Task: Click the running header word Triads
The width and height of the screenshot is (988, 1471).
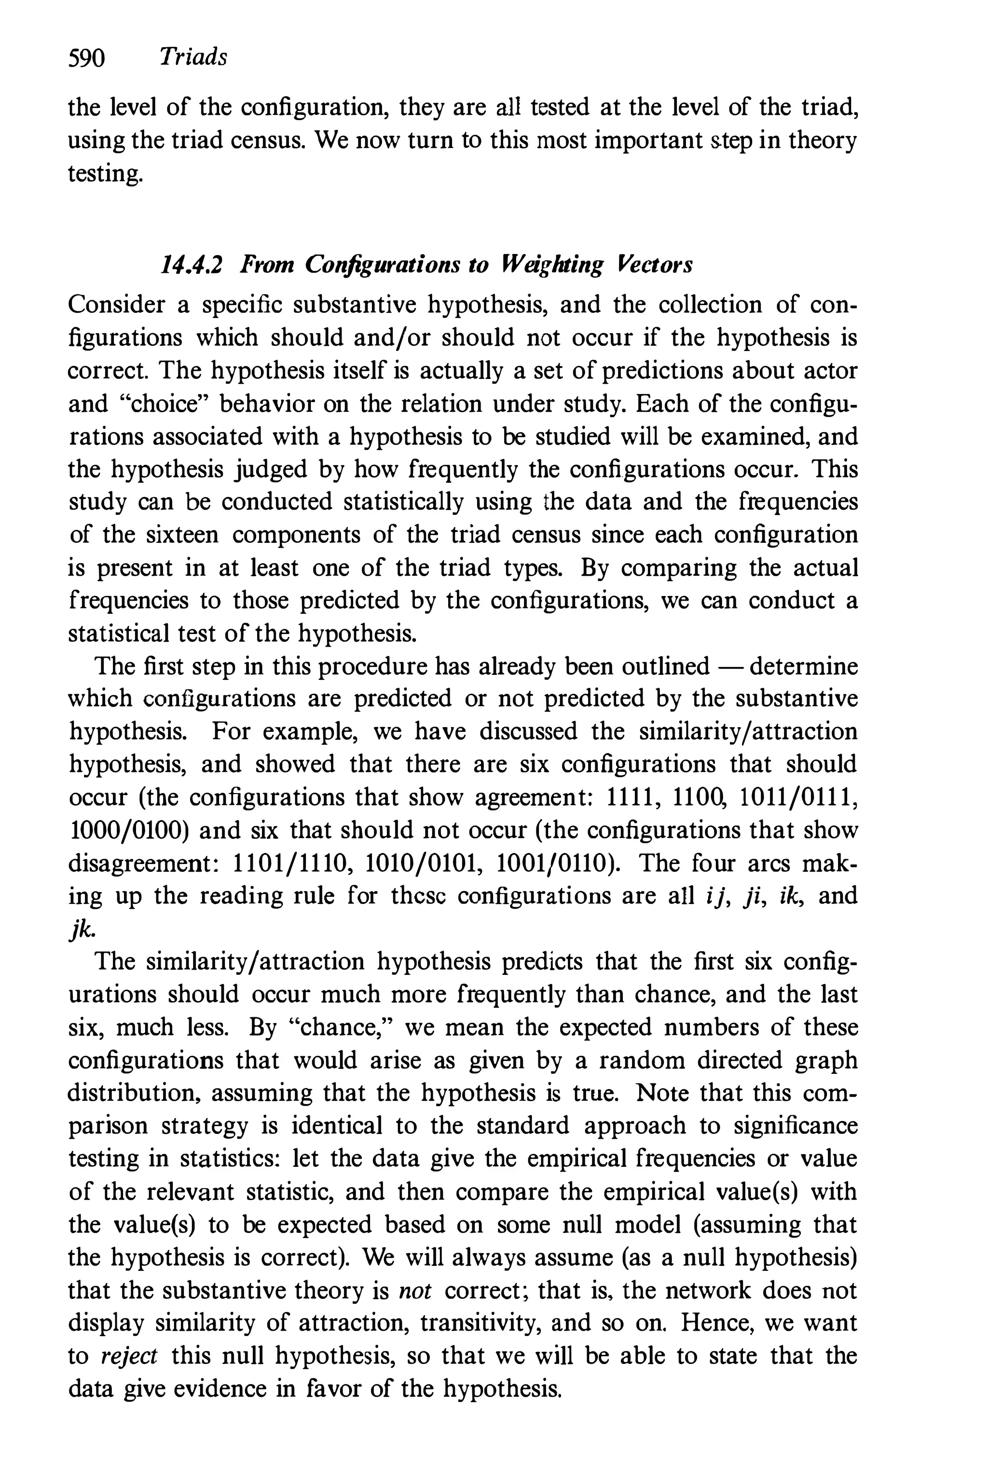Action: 193,57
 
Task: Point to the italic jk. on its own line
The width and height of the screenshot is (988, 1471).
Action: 82,930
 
